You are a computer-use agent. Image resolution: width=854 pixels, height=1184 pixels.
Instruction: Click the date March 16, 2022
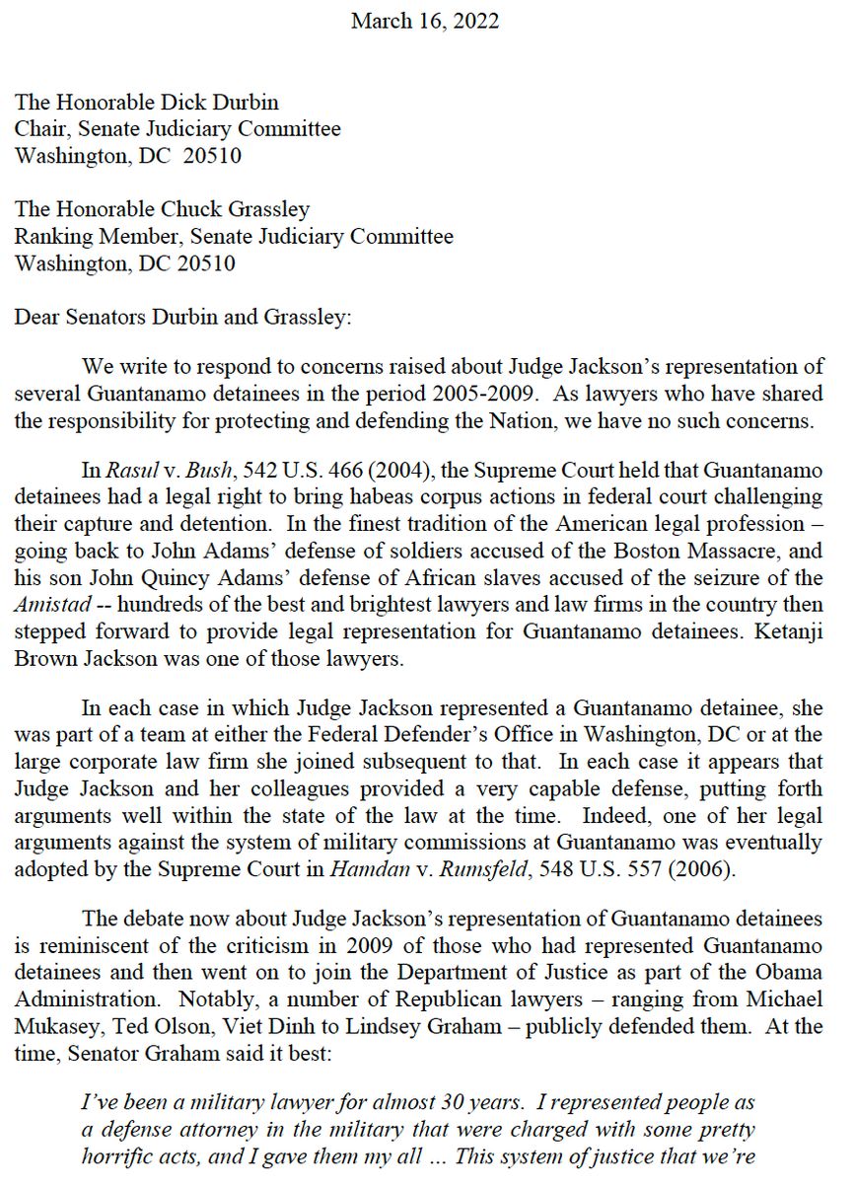[x=426, y=21]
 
